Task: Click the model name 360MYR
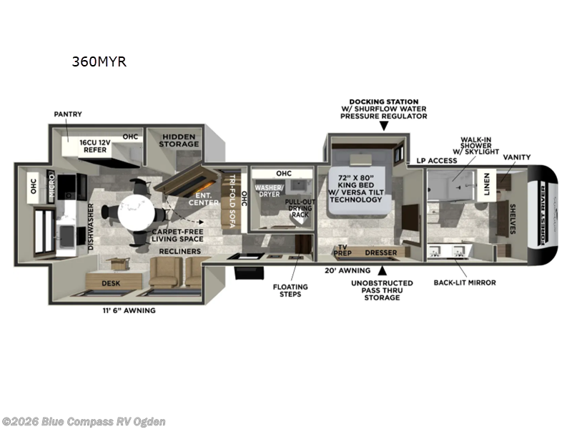tap(99, 61)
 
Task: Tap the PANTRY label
tap(68, 114)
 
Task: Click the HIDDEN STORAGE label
tap(179, 140)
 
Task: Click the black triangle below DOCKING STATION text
tap(383, 127)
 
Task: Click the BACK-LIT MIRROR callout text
tap(465, 282)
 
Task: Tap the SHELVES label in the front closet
tap(513, 218)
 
